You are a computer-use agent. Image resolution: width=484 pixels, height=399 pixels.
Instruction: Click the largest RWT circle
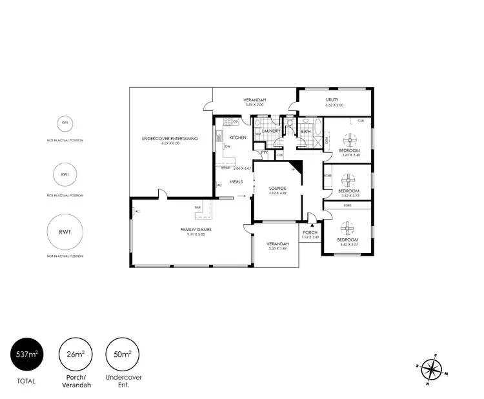(65, 232)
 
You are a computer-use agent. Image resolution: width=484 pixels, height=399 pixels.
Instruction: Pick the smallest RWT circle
(65, 123)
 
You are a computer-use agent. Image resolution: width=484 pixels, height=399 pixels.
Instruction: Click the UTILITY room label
(332, 99)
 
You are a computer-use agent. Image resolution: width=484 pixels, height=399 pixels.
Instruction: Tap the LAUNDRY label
(270, 131)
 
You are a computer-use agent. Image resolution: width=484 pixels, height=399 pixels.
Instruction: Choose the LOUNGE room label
(277, 189)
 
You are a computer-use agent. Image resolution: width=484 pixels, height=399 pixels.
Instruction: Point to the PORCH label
(310, 232)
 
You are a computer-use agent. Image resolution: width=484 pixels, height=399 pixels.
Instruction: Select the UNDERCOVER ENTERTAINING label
(170, 139)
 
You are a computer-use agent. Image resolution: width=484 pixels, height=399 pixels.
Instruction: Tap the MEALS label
(236, 181)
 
